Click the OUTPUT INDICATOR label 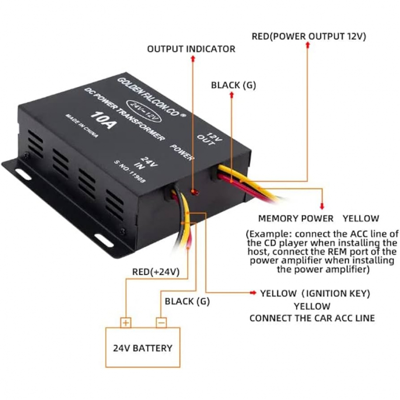coord(191,49)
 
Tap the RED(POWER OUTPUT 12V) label coord(309,36)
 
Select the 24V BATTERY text coord(143,348)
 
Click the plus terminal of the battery coord(126,323)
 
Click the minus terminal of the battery coord(161,323)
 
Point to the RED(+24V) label coord(155,272)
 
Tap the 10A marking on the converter coord(104,120)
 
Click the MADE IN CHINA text coord(82,126)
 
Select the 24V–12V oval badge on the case coord(144,112)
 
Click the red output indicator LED coord(195,192)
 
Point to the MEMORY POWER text coord(296,219)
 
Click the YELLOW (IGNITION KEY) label coord(315,293)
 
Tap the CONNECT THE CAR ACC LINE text coord(312,318)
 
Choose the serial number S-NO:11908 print coord(130,171)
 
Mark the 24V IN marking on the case coord(146,163)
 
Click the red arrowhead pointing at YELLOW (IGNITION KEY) coord(253,292)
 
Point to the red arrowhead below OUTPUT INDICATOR coord(193,58)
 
